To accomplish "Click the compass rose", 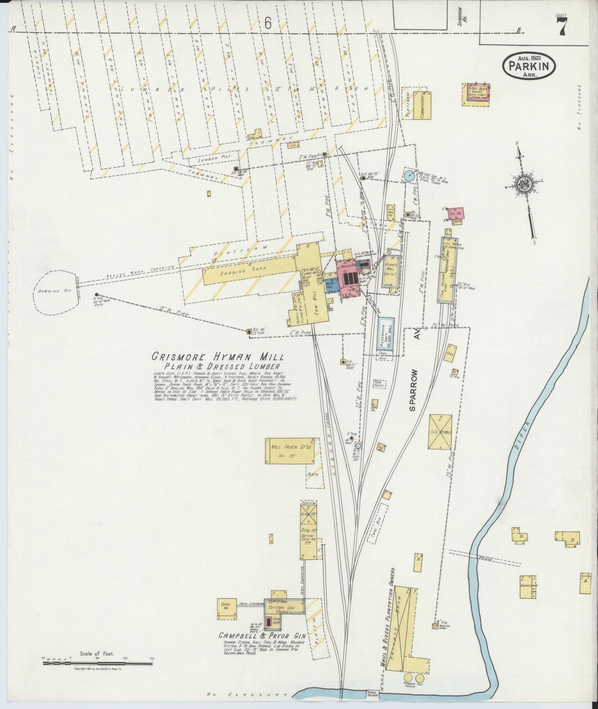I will click(x=524, y=183).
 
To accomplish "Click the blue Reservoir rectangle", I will click(x=386, y=333).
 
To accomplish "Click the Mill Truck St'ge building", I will click(x=290, y=450).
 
